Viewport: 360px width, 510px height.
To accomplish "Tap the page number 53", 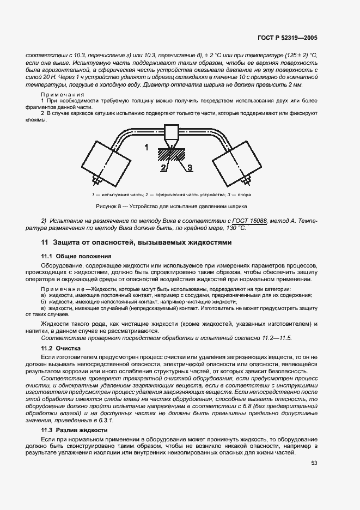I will (314, 463).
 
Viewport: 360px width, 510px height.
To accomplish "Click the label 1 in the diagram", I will (147, 148).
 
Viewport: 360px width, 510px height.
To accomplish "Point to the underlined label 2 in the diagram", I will (163, 168).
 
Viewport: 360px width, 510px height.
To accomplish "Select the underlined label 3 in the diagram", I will (190, 168).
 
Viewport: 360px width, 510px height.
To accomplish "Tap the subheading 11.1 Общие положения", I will (77, 256).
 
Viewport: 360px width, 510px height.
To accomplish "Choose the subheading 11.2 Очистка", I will (61, 348).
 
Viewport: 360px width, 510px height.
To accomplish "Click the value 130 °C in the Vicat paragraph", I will (232, 228).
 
